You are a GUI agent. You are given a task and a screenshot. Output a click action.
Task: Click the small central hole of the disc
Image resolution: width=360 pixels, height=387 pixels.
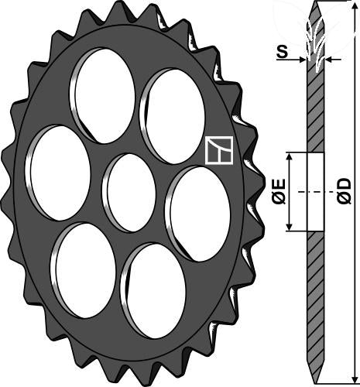(129, 193)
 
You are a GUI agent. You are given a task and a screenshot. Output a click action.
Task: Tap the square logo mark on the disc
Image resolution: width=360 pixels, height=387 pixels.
(219, 150)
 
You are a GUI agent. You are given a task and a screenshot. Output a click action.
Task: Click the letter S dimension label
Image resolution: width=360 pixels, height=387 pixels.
(283, 52)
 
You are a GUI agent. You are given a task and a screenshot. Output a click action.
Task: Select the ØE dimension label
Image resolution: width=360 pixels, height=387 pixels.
(279, 191)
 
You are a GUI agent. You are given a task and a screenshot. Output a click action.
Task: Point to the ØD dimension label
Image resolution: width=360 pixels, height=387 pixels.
(345, 191)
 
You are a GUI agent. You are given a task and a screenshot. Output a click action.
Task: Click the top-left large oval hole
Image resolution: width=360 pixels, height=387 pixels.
(102, 95)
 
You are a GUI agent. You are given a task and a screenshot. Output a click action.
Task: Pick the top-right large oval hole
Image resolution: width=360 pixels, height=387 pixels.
(173, 116)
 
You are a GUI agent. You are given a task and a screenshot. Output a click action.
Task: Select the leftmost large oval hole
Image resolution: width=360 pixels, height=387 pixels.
(58, 173)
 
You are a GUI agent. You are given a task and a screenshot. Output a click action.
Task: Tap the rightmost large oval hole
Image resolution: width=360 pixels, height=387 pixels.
(197, 214)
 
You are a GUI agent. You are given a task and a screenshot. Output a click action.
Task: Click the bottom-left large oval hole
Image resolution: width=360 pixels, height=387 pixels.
(83, 271)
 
